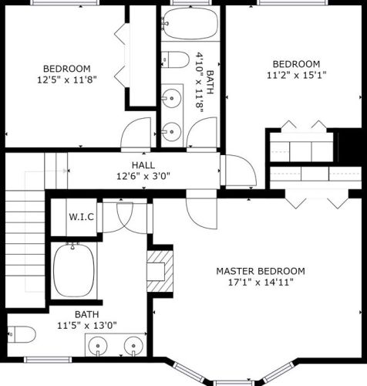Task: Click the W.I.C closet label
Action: [81, 217]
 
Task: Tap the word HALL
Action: [143, 165]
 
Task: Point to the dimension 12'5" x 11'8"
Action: [66, 79]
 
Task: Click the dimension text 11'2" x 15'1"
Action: [296, 75]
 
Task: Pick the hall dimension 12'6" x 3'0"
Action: [143, 176]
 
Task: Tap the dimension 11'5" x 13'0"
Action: [86, 325]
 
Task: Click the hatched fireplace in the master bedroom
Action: [158, 270]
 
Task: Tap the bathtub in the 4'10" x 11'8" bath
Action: [190, 24]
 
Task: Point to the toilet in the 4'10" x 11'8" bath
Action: [177, 59]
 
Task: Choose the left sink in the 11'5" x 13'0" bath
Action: [100, 346]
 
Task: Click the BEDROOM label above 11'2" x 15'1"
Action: [296, 63]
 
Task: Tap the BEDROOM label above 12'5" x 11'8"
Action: [66, 67]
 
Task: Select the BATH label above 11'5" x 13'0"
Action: [86, 314]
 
